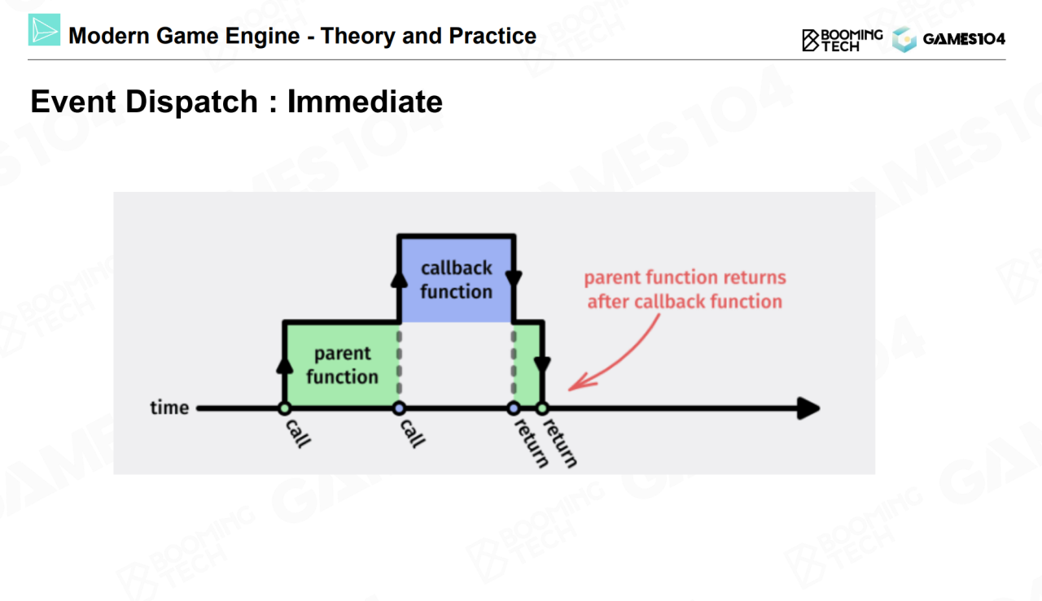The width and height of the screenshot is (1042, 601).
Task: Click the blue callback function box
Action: [456, 279]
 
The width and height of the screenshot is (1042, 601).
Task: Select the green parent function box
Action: [342, 364]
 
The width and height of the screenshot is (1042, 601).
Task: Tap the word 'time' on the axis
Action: [169, 407]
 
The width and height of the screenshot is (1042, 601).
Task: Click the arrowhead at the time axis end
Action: [808, 408]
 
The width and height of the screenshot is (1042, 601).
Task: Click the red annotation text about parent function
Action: [685, 290]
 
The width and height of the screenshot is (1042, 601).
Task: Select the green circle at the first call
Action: [284, 408]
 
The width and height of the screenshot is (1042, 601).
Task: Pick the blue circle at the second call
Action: [399, 408]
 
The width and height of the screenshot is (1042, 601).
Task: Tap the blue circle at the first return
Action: [514, 408]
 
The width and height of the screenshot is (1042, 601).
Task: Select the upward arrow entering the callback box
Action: [399, 278]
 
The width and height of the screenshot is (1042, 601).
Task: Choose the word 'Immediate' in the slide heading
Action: [365, 102]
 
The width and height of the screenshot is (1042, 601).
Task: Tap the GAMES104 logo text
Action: [964, 39]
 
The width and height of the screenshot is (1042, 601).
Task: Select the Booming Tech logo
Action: [842, 39]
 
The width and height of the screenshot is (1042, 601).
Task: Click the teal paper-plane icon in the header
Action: [44, 30]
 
